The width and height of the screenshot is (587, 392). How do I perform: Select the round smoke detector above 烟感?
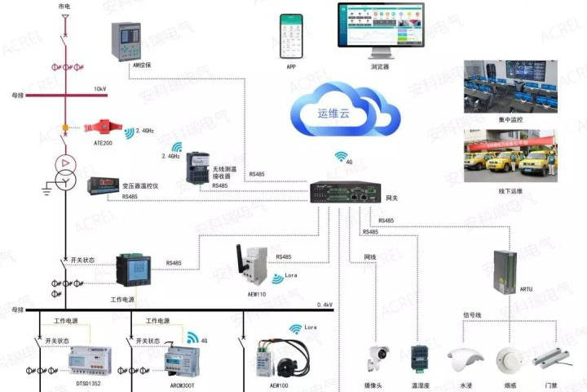(x=507, y=359)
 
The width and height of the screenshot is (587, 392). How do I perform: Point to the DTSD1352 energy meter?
(x=88, y=359)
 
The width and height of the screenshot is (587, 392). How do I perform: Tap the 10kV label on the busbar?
(x=99, y=88)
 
